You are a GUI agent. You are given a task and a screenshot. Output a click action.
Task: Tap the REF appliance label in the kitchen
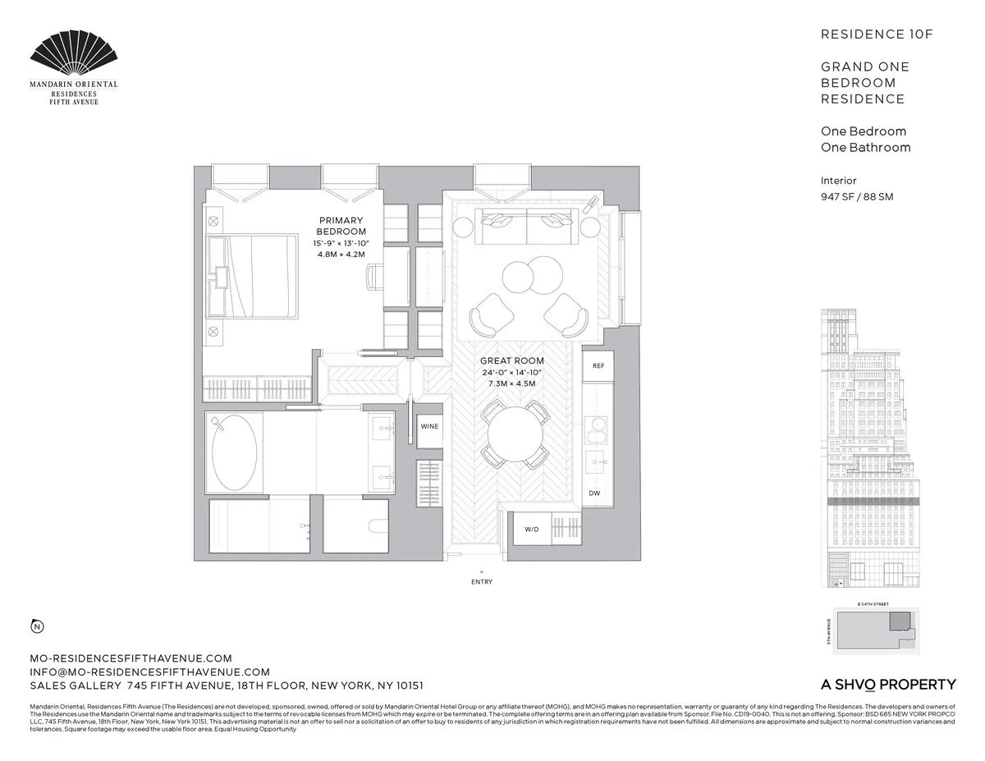tap(598, 365)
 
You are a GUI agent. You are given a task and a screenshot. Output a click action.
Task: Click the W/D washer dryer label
tap(531, 529)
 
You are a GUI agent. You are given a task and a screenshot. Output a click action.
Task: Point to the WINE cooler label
tap(429, 427)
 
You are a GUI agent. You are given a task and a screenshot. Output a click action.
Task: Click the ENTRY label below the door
tap(482, 582)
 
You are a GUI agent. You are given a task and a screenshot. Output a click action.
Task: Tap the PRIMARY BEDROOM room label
tap(341, 226)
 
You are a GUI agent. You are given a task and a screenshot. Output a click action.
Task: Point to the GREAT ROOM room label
tap(512, 361)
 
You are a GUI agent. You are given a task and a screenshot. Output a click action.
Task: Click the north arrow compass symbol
tap(37, 628)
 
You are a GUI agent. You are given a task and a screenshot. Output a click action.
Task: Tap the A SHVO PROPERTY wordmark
tap(888, 685)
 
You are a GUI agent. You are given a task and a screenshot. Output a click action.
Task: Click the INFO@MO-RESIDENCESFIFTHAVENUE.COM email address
tap(149, 672)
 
